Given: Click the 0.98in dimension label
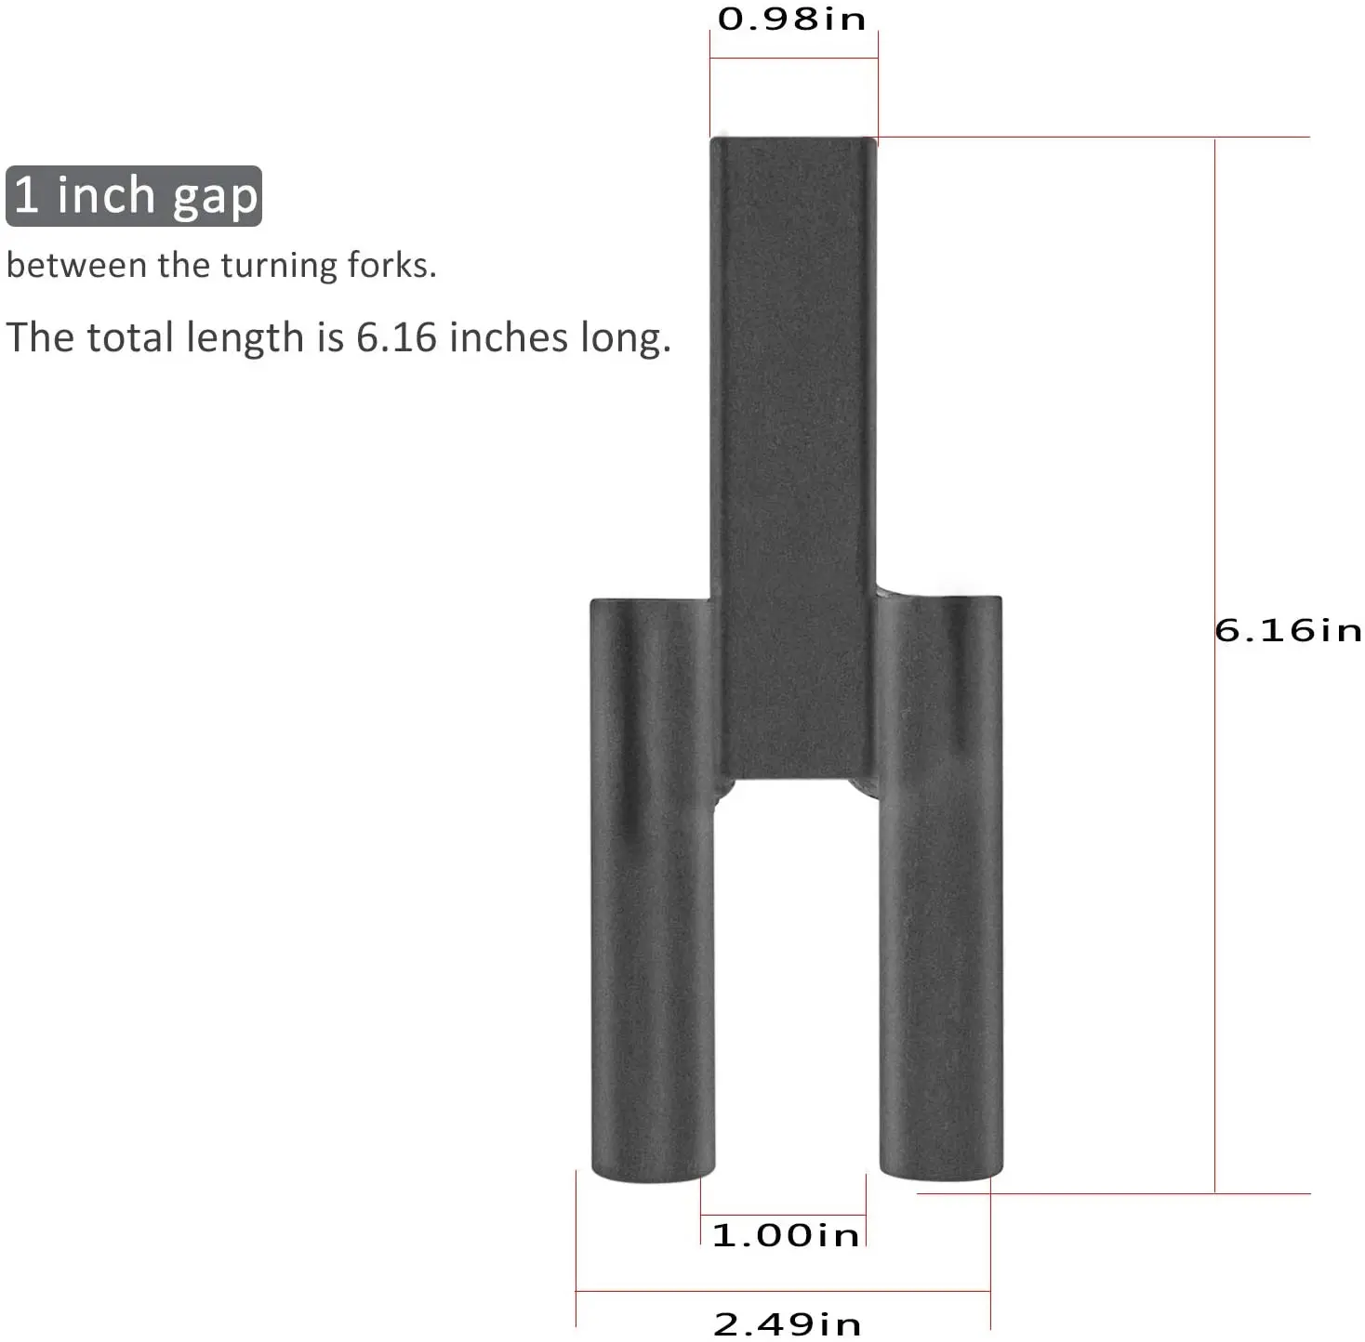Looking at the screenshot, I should [791, 20].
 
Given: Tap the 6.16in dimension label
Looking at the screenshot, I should [1288, 631].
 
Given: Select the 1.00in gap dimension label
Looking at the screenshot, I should [786, 1235].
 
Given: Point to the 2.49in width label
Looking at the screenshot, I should [787, 1323].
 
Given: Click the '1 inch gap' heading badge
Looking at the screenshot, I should [134, 196].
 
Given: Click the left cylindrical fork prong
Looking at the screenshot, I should [653, 883].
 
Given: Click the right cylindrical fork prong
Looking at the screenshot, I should [941, 883].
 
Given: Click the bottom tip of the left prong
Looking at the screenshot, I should [653, 1173].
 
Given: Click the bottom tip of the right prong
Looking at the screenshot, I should [941, 1173].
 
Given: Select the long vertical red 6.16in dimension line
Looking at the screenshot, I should [1214, 836].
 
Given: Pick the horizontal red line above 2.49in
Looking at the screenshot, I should [783, 1291].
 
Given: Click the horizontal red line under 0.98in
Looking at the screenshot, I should [793, 59].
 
